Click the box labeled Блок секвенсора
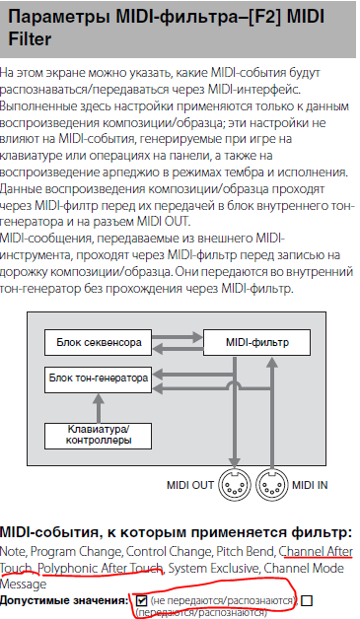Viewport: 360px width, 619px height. (x=98, y=343)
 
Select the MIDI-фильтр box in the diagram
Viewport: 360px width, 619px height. (x=256, y=343)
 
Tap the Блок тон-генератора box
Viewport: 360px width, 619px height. (x=98, y=379)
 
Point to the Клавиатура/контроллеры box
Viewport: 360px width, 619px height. (x=98, y=436)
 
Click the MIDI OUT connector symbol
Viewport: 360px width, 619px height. (x=235, y=485)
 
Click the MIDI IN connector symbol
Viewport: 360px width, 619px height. (x=272, y=485)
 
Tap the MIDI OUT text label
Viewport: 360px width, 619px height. (x=190, y=485)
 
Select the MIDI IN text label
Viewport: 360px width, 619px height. (x=310, y=485)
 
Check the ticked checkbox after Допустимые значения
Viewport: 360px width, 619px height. (x=141, y=600)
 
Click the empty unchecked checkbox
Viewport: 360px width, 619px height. (x=307, y=600)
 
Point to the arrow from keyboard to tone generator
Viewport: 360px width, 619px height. (x=99, y=408)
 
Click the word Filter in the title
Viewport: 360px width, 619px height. (x=30, y=39)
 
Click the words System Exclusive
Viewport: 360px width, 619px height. (x=214, y=569)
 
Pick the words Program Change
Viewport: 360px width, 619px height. (x=77, y=552)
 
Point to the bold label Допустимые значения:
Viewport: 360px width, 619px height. (x=64, y=601)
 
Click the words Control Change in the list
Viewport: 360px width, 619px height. (x=170, y=552)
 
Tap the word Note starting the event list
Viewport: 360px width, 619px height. (x=13, y=552)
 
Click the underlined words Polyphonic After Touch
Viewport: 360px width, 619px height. (x=101, y=569)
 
